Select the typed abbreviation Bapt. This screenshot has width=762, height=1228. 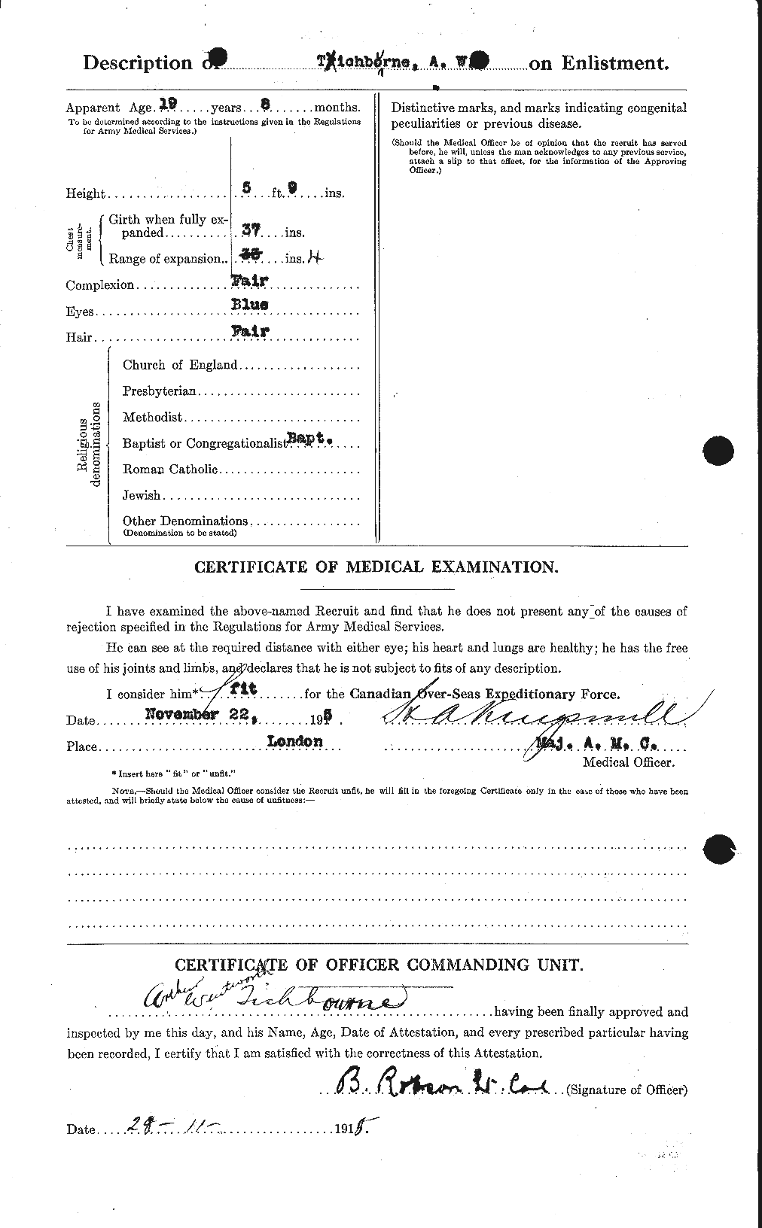click(311, 437)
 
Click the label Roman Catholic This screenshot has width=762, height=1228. click(170, 470)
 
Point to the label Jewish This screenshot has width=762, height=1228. click(141, 495)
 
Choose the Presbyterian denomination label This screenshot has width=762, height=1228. click(160, 391)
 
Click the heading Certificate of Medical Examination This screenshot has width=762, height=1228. click(376, 567)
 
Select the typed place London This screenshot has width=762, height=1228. click(294, 741)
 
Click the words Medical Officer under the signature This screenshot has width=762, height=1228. click(629, 762)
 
